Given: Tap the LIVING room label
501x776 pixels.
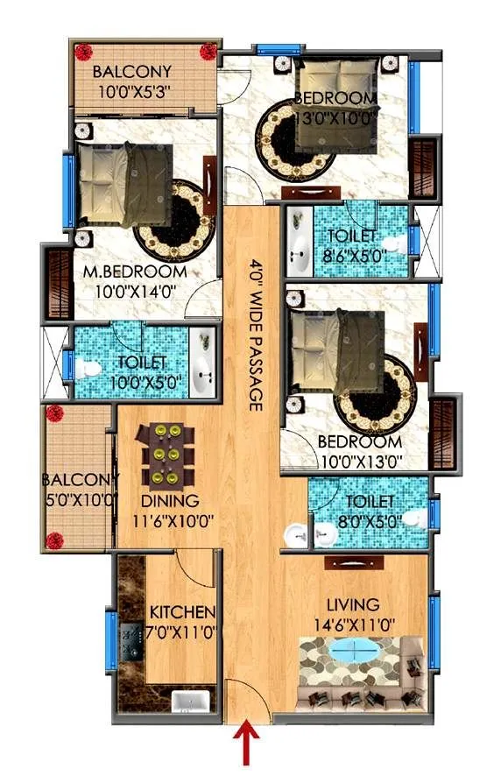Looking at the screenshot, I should coord(353,605).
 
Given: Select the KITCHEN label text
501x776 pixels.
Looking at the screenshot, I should coord(181,611).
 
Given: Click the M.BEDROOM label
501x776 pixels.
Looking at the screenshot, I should coord(134,272).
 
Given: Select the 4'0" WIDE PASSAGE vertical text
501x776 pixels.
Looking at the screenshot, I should coord(256,333).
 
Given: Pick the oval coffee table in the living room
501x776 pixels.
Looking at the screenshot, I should coord(358,653).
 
